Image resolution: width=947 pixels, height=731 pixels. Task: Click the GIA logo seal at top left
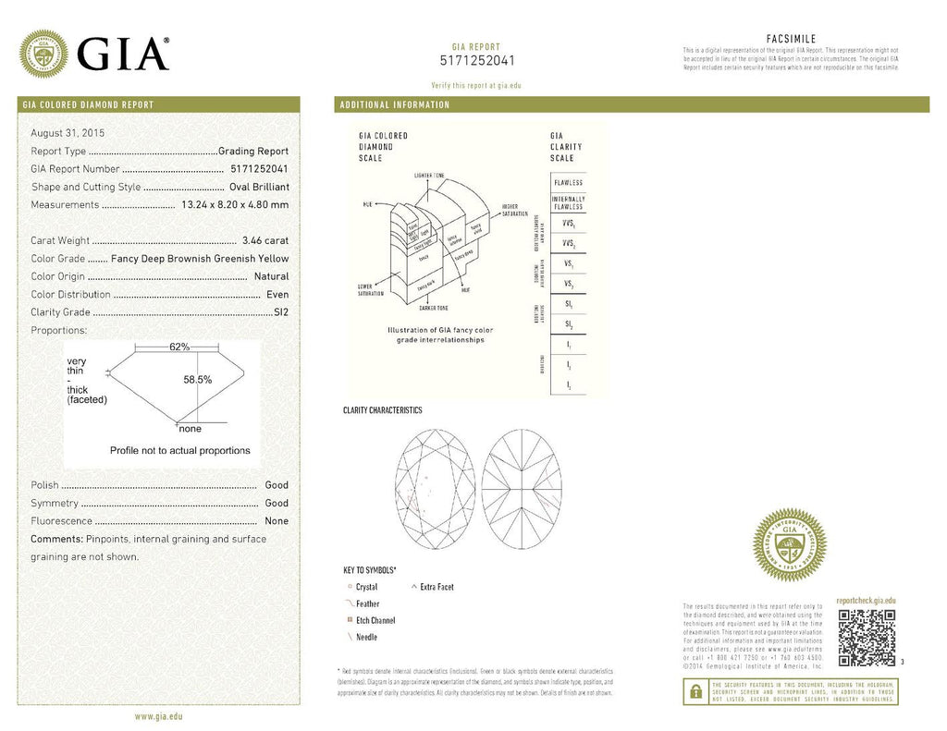click(43, 54)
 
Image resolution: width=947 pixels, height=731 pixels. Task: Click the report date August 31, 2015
click(68, 133)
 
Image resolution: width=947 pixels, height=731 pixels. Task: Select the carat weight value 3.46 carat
click(264, 240)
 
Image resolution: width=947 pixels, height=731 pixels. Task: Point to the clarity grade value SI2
click(281, 312)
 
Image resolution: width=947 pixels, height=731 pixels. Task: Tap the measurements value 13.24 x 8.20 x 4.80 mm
click(235, 204)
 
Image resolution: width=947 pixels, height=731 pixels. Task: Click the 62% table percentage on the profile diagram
click(179, 347)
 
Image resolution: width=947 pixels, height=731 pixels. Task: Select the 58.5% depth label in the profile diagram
click(197, 379)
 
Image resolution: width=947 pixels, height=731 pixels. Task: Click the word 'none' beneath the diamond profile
click(190, 429)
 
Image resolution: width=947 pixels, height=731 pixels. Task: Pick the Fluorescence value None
click(277, 521)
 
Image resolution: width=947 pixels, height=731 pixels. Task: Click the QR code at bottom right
click(866, 637)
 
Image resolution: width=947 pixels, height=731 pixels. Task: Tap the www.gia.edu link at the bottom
click(158, 716)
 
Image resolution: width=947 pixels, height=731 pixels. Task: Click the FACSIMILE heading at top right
click(791, 38)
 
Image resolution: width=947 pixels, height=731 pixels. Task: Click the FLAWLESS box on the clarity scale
click(567, 183)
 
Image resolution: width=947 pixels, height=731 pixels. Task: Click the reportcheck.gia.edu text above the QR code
click(865, 601)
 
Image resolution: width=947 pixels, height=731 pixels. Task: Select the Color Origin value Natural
click(271, 276)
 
